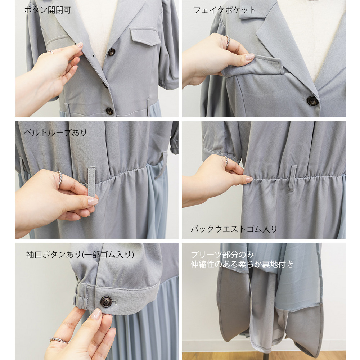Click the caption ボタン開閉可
(x=48, y=10)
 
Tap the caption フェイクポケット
(x=224, y=10)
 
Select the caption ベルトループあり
(x=55, y=132)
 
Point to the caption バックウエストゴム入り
(x=234, y=229)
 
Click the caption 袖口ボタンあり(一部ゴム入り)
(x=80, y=255)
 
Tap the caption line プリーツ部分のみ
(x=222, y=255)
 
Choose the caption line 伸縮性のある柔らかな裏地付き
(x=242, y=264)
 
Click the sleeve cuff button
(x=106, y=302)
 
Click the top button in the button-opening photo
(x=112, y=52)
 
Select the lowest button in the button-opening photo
(x=109, y=111)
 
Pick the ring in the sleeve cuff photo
(x=59, y=340)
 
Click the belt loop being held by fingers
(x=91, y=182)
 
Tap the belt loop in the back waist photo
(x=292, y=178)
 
